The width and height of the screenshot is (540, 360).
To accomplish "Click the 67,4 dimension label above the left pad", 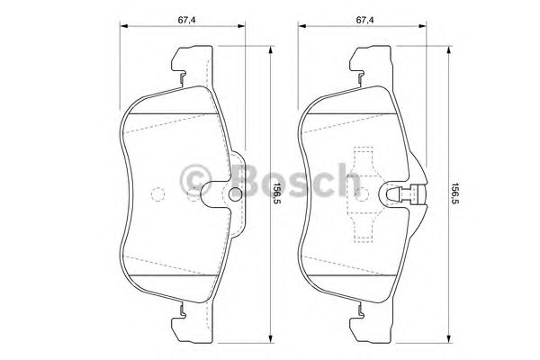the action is pyautogui.click(x=186, y=20).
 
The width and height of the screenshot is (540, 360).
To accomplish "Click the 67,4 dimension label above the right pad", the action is pyautogui.click(x=364, y=20).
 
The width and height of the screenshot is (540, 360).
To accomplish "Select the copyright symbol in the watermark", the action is pyautogui.click(x=195, y=181).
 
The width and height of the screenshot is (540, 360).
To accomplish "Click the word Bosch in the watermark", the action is pyautogui.click(x=295, y=180).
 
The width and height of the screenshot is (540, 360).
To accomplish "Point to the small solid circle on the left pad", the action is pyautogui.click(x=236, y=193).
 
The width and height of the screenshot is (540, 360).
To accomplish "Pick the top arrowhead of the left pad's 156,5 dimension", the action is pyautogui.click(x=271, y=49).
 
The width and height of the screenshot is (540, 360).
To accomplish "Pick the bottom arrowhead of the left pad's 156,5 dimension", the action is pyautogui.click(x=271, y=342).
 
